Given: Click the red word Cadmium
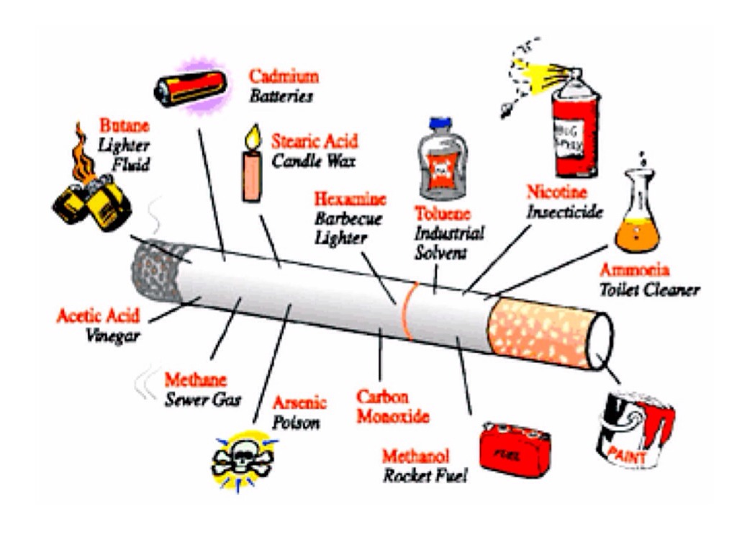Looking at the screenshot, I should coord(284,76).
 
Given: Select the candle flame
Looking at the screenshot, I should coord(252,137).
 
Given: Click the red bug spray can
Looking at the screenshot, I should coord(574,130).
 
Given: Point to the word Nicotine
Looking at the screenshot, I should coord(557,193).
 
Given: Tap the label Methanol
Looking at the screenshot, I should coord(416,457).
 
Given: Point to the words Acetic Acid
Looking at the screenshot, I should coord(99,316).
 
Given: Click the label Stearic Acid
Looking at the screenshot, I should coord(315,141).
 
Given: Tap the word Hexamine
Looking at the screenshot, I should coord(351,199).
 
